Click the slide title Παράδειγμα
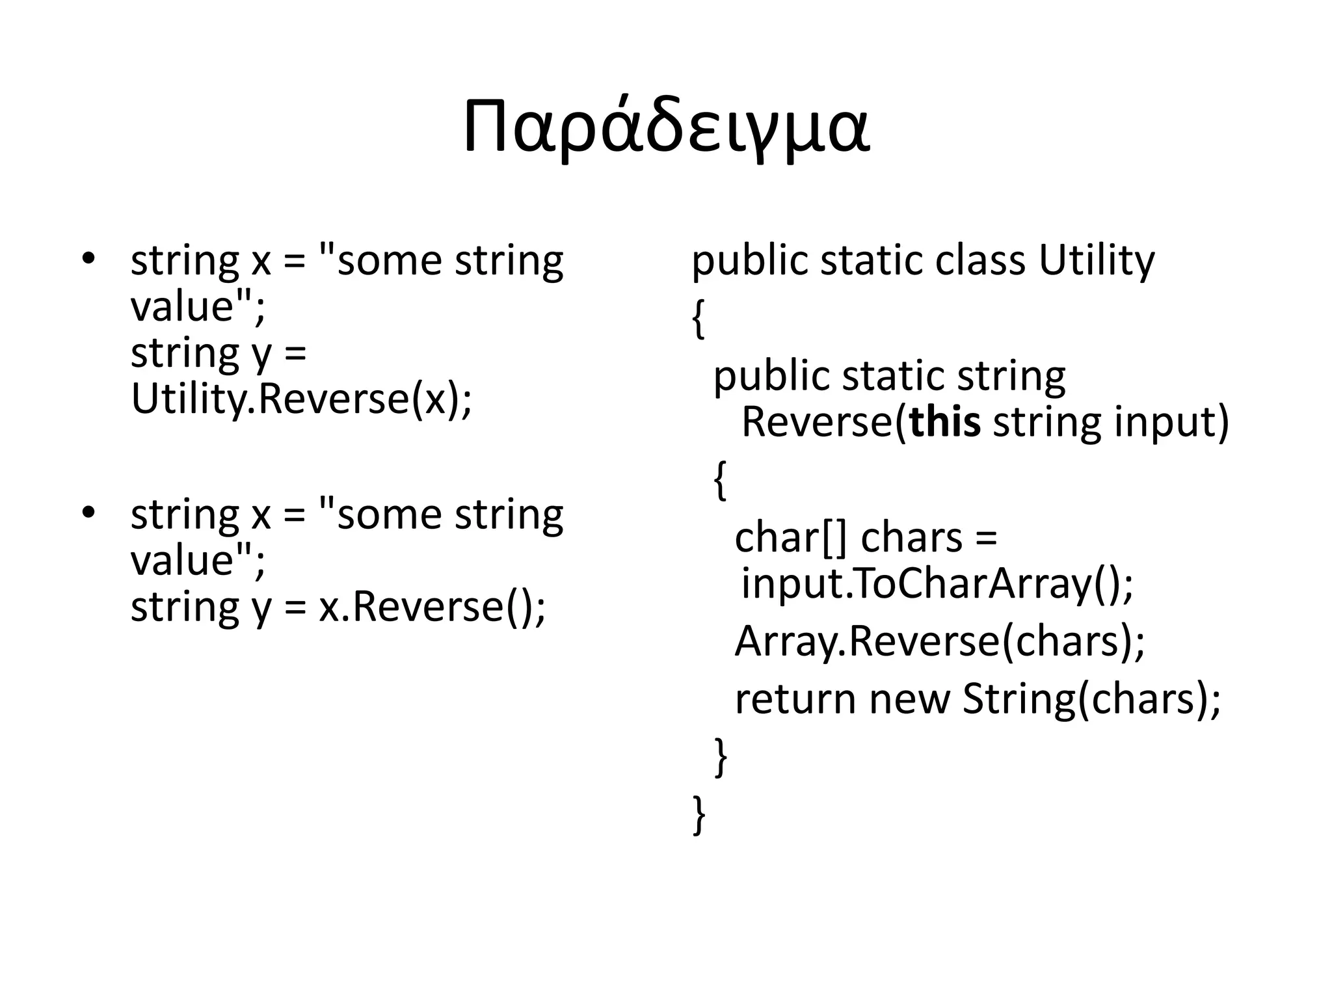tap(666, 129)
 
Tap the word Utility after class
tap(1096, 260)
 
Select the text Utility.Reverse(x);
tap(301, 398)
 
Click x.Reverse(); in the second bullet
tap(432, 606)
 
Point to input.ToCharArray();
tap(937, 583)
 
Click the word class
tap(980, 260)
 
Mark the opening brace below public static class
tap(698, 319)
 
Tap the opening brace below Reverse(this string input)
tap(719, 480)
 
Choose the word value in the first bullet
tap(182, 306)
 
